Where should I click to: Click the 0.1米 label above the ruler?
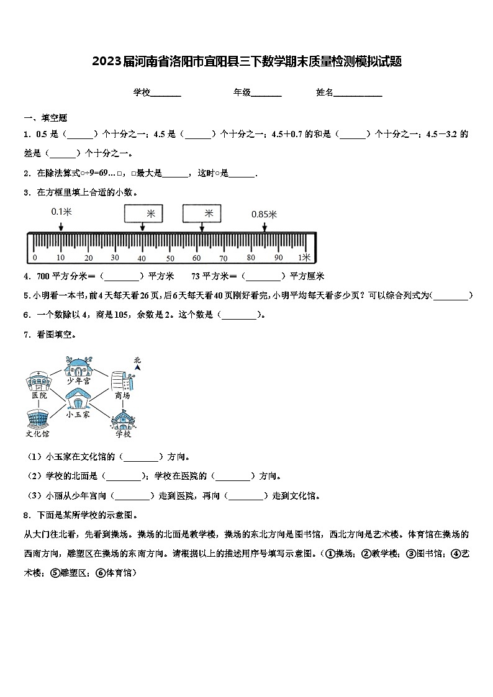(61, 212)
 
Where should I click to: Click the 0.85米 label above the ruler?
(264, 214)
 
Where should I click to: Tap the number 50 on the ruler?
(170, 258)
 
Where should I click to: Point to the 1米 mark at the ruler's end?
(304, 258)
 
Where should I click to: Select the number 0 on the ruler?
(35, 258)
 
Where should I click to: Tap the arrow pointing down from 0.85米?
(265, 227)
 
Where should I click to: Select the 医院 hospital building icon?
(38, 380)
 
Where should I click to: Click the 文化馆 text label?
(38, 434)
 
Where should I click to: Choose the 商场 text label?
(122, 395)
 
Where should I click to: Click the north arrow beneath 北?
(137, 368)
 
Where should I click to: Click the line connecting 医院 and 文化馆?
(38, 405)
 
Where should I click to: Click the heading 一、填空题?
(45, 117)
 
